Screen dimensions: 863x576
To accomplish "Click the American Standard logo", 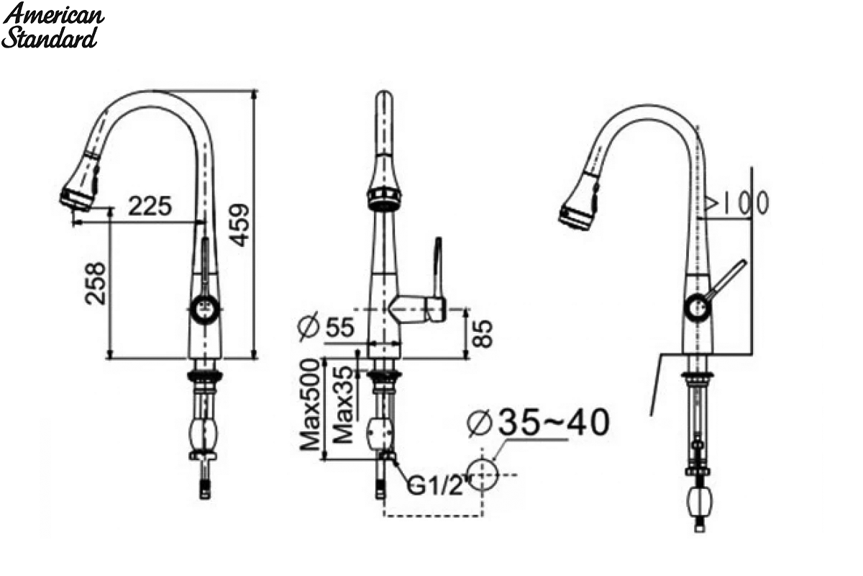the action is [x=52, y=25].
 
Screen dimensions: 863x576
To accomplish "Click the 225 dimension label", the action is [x=150, y=206].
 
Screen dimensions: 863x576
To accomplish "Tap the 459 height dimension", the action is [x=239, y=225].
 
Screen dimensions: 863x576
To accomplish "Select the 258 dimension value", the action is [x=95, y=284].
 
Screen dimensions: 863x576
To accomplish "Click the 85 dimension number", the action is [x=483, y=333].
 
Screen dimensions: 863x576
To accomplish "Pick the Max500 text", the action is [x=310, y=405].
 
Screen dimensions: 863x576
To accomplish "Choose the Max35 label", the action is [x=343, y=405].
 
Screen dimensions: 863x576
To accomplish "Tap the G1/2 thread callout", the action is [x=435, y=485].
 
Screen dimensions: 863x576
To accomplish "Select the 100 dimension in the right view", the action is [x=746, y=202].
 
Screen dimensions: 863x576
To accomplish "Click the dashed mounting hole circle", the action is [x=483, y=474].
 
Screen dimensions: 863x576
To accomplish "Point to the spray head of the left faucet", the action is [x=80, y=181].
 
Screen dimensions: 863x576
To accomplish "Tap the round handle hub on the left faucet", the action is [x=206, y=309].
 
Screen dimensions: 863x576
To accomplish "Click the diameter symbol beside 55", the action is [x=309, y=327].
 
